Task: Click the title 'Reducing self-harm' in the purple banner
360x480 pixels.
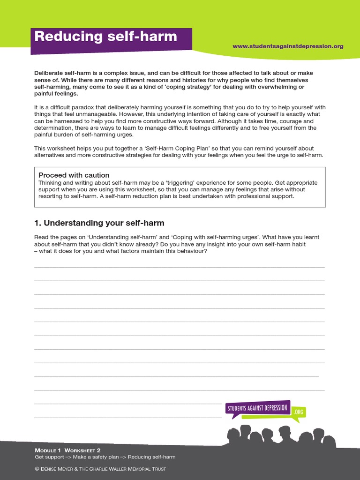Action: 105,37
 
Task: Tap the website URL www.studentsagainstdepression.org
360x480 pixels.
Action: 288,46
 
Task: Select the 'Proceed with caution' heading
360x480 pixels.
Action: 74,175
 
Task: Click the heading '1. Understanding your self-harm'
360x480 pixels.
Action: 99,223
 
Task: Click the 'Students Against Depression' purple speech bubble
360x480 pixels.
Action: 257,408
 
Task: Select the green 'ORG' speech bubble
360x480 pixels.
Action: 299,412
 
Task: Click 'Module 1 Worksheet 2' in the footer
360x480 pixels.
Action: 67,450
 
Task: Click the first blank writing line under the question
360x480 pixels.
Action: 179,266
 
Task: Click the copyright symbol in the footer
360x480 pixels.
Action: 37,469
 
